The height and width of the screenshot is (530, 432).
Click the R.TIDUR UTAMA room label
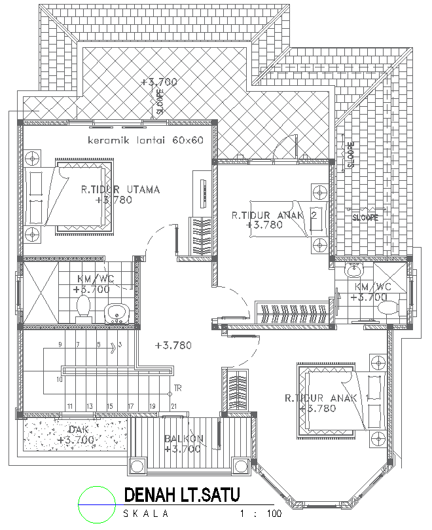click(120, 190)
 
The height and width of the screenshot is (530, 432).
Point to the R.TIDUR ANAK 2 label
click(274, 214)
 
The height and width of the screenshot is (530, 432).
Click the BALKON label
click(185, 439)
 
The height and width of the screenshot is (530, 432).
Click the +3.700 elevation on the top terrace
click(159, 82)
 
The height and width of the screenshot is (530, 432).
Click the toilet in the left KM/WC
click(83, 307)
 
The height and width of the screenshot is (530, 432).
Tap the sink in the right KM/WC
click(354, 269)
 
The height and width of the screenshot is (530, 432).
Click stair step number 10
click(59, 379)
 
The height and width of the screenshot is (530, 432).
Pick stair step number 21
click(173, 406)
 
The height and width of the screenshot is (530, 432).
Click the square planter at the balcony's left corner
click(139, 466)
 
